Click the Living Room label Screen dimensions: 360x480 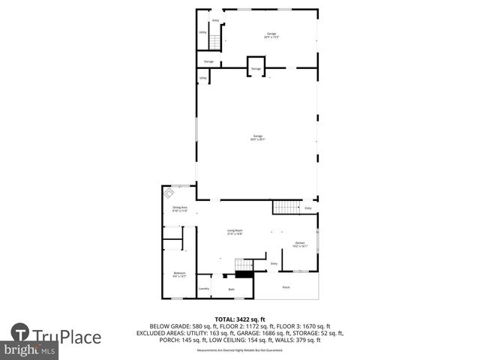point(235,232)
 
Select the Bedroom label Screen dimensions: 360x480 point(179,274)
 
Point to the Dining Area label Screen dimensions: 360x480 point(179,208)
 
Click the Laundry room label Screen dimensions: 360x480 point(203,288)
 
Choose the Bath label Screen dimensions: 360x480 point(231,289)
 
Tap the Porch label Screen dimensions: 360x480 point(286,287)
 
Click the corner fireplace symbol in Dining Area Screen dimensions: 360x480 point(169,192)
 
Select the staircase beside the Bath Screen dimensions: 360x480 point(242,264)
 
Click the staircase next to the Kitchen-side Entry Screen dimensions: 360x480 point(285,207)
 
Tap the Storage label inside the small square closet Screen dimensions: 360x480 point(256,68)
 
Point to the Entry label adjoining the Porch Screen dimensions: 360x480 point(274,264)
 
